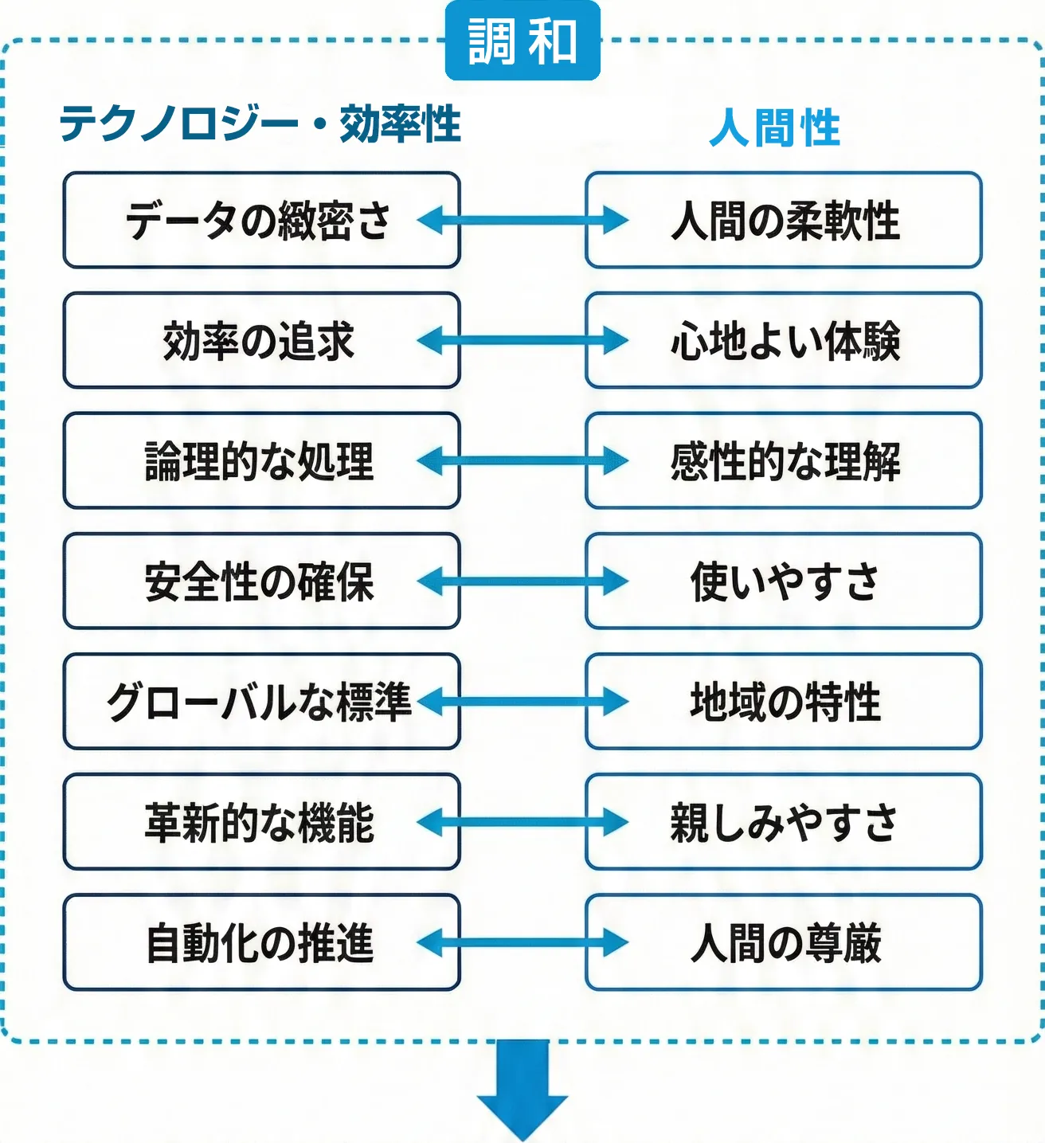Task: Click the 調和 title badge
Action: (x=522, y=41)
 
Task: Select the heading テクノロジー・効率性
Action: (x=260, y=124)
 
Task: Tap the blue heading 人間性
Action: (x=774, y=127)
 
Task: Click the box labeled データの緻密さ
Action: (x=261, y=220)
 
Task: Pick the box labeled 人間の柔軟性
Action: (x=784, y=220)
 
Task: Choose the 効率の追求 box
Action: (x=261, y=341)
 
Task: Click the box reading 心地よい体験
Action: (x=784, y=341)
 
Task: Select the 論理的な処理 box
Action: (x=261, y=461)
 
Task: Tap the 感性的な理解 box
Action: (x=784, y=461)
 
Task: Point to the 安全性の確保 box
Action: (x=261, y=581)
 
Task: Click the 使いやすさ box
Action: (x=784, y=581)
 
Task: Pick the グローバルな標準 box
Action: (x=261, y=702)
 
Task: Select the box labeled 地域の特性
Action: (x=784, y=702)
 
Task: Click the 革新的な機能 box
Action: (x=261, y=822)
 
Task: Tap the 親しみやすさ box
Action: (x=784, y=822)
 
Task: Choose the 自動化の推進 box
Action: (x=261, y=943)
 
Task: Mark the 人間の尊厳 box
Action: (x=784, y=943)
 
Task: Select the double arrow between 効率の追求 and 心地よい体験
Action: (x=522, y=341)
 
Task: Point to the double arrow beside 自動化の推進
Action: (x=522, y=943)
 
